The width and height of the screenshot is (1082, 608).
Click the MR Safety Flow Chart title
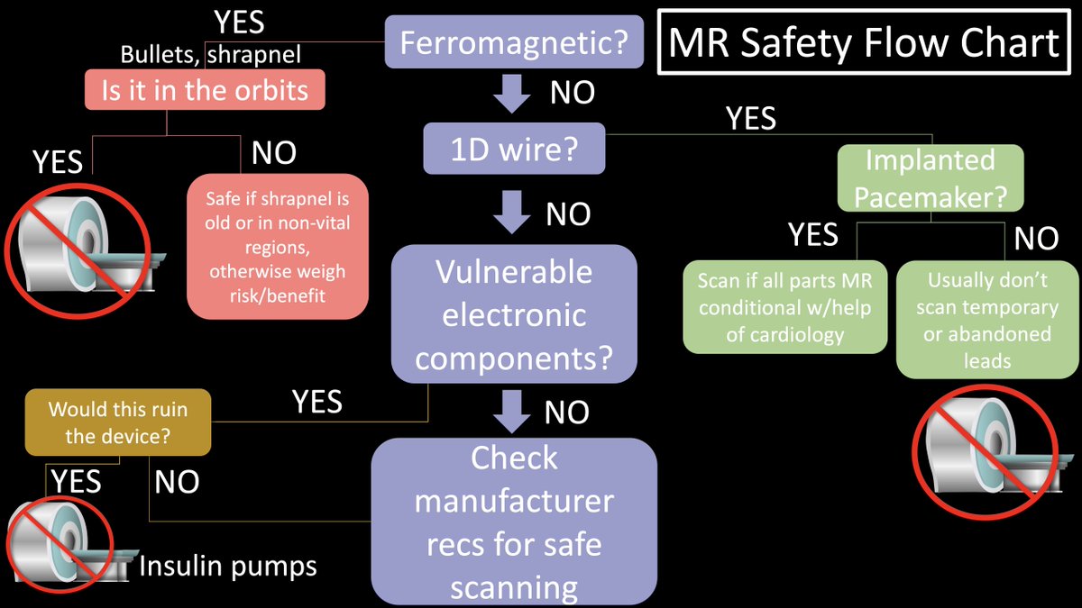tap(864, 42)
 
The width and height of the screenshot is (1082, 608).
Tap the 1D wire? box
tap(514, 148)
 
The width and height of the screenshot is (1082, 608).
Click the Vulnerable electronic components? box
tap(514, 313)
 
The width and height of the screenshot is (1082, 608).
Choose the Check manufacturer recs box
tap(514, 522)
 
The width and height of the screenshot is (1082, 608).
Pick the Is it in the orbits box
tap(204, 91)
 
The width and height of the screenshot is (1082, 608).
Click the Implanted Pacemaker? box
tap(930, 178)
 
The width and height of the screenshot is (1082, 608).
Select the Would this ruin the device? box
tap(118, 422)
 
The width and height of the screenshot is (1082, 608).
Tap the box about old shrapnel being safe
tap(278, 247)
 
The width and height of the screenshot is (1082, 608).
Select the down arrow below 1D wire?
tap(514, 213)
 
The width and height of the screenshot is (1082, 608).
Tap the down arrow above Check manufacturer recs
tap(514, 411)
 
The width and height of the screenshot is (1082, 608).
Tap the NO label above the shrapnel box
tap(274, 153)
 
